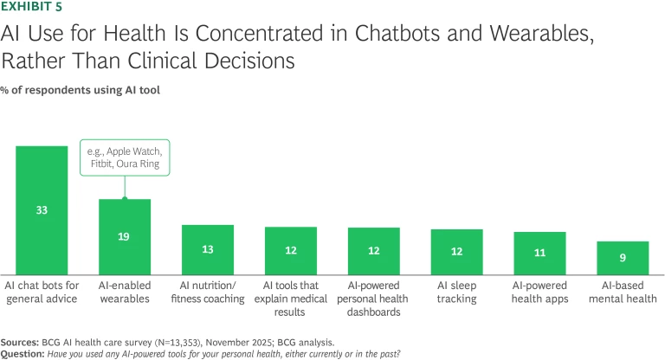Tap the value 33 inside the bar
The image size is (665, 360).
click(42, 210)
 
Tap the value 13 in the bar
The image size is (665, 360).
click(208, 249)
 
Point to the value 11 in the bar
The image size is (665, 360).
click(539, 253)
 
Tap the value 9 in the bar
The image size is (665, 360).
click(623, 257)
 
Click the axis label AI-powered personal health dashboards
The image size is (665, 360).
click(373, 299)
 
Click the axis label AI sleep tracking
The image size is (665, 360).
click(456, 292)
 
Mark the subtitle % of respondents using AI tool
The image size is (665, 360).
click(80, 90)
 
